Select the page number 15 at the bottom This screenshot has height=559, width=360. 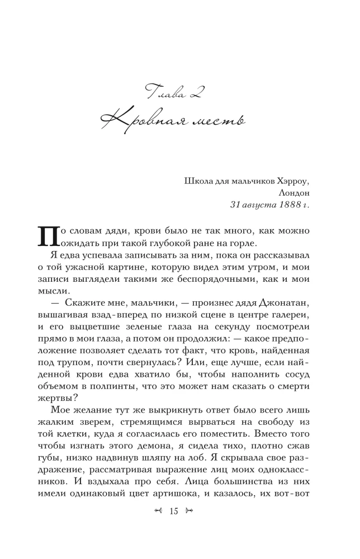click(173, 526)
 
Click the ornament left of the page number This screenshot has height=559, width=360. click(159, 526)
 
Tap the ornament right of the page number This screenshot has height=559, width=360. click(188, 526)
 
